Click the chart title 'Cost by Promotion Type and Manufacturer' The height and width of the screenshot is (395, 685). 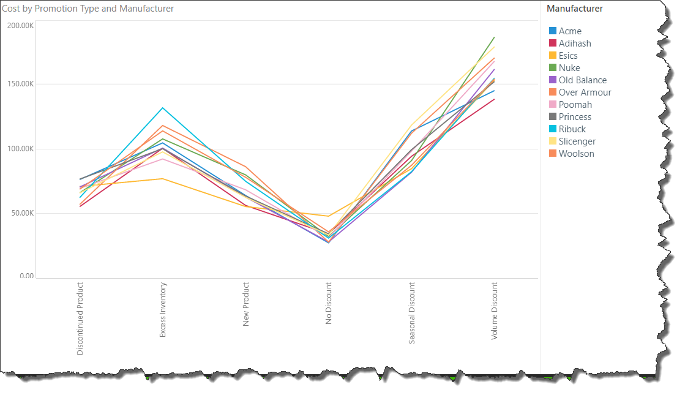coord(88,9)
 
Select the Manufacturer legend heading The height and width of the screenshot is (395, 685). coord(574,9)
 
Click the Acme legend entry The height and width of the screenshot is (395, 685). coord(570,31)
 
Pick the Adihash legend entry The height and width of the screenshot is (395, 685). coord(575,43)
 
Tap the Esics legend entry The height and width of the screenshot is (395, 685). coord(568,56)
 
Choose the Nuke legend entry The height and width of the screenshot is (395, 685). coord(569,68)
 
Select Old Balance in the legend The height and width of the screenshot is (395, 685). coord(582,80)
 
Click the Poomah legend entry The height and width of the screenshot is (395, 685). coord(575,105)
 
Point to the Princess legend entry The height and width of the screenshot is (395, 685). coord(575,117)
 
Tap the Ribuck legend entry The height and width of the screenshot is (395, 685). coord(572,129)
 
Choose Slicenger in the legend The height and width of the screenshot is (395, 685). coord(577,141)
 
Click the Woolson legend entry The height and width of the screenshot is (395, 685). coord(576,154)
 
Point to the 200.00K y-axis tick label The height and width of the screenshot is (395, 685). coord(20,25)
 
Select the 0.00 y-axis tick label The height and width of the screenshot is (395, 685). coord(26,276)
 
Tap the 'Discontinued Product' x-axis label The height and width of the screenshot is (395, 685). coord(80,318)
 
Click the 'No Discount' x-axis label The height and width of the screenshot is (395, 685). coord(329,303)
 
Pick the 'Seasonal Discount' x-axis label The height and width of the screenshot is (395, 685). coord(411,313)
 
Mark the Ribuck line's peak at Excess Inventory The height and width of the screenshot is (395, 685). coord(163,108)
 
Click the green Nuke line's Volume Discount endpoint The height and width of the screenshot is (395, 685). coord(494,37)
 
